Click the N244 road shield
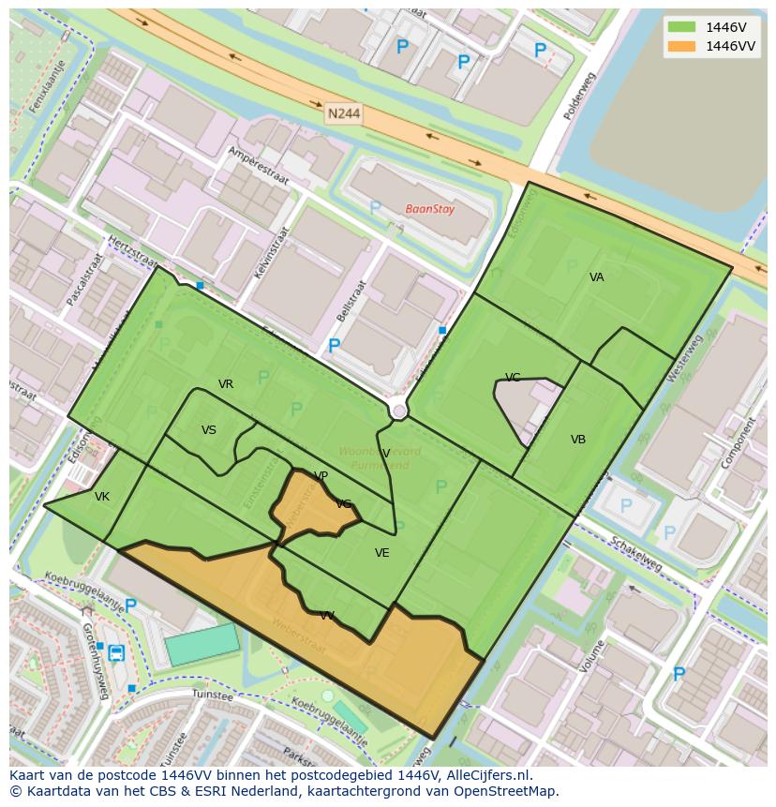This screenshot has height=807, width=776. coord(343,114)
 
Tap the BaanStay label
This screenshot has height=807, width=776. coord(429,209)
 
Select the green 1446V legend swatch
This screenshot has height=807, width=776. coord(681,26)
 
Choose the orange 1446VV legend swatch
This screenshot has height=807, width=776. coord(681,46)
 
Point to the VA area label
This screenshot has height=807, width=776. coord(597,277)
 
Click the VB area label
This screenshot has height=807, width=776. coord(578,440)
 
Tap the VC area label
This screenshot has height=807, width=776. coord(513,378)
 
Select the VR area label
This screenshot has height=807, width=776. coord(226,384)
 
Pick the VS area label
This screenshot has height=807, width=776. coord(209,430)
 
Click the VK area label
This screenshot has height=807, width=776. coord(102,497)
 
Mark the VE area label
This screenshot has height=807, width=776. coord(382,553)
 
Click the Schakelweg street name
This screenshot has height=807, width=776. coord(635,554)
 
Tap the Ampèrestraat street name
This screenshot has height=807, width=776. coord(259,167)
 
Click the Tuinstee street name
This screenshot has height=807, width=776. coord(211,695)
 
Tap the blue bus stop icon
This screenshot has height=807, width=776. coord(116,652)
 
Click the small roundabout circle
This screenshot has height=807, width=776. coord(399,411)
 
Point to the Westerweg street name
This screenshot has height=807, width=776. coord(683,357)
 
